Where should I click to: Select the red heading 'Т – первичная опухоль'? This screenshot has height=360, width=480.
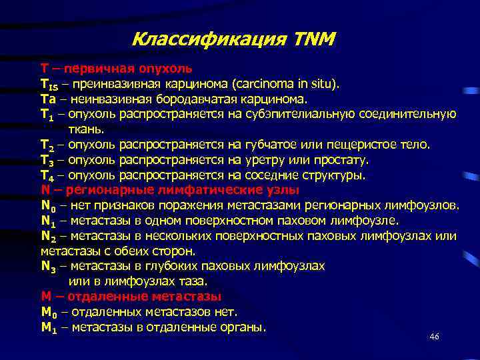[x=117, y=68]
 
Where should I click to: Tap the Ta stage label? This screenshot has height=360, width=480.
[x=48, y=99]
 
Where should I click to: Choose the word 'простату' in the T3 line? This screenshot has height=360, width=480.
[x=339, y=160]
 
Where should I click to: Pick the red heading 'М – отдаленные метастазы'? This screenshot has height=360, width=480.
[x=131, y=296]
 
